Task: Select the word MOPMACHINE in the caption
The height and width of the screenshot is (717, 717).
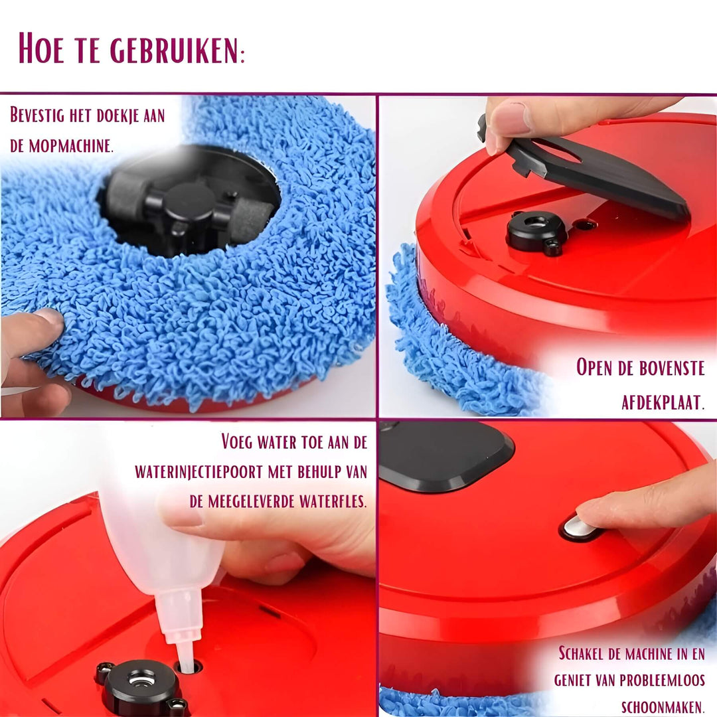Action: (x=68, y=145)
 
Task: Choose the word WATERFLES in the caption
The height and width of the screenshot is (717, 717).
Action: (x=331, y=501)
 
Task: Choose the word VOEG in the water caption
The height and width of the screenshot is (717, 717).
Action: (x=244, y=442)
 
